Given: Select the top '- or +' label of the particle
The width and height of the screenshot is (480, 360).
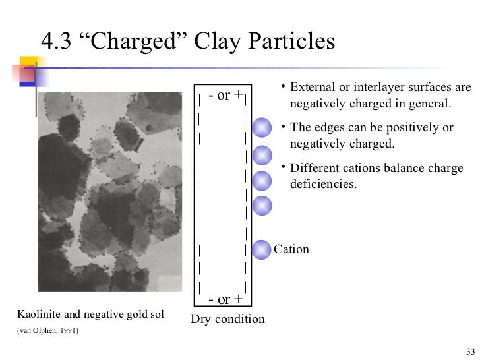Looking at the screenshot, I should click(224, 95).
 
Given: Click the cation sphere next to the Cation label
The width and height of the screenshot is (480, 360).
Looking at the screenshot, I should click(262, 249).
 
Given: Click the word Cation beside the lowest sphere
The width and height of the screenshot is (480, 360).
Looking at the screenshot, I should click(291, 249).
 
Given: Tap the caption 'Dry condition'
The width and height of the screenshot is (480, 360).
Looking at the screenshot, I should click(227, 320).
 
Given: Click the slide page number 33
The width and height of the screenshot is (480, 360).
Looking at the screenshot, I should click(469, 349).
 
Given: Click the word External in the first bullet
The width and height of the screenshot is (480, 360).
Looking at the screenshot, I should click(313, 88).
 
